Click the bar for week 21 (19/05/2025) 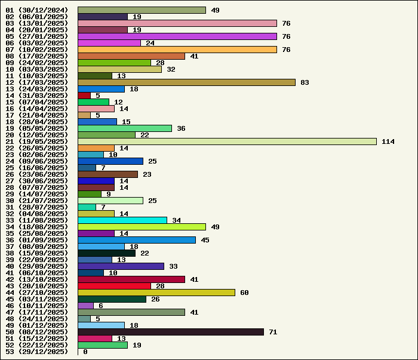tap(227, 141)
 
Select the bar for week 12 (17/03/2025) tap(186, 82)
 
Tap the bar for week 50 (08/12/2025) tap(171, 332)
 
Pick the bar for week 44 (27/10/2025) tap(156, 293)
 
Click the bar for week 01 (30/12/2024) tap(142, 10)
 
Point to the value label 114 tap(388, 141)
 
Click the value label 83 tap(305, 82)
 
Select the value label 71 tap(273, 332)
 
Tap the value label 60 tap(244, 293)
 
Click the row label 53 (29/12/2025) tap(37, 352)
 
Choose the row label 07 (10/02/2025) tap(37, 50)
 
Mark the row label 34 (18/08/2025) tap(37, 227)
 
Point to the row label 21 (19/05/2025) tap(37, 141)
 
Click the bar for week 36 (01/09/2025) tap(137, 240)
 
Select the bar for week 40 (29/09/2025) tap(121, 266)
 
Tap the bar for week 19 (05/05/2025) tap(125, 128)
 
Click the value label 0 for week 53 tap(85, 352)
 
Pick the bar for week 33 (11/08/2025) tap(122, 220)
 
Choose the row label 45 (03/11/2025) tap(37, 299)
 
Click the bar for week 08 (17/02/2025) tap(131, 56)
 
